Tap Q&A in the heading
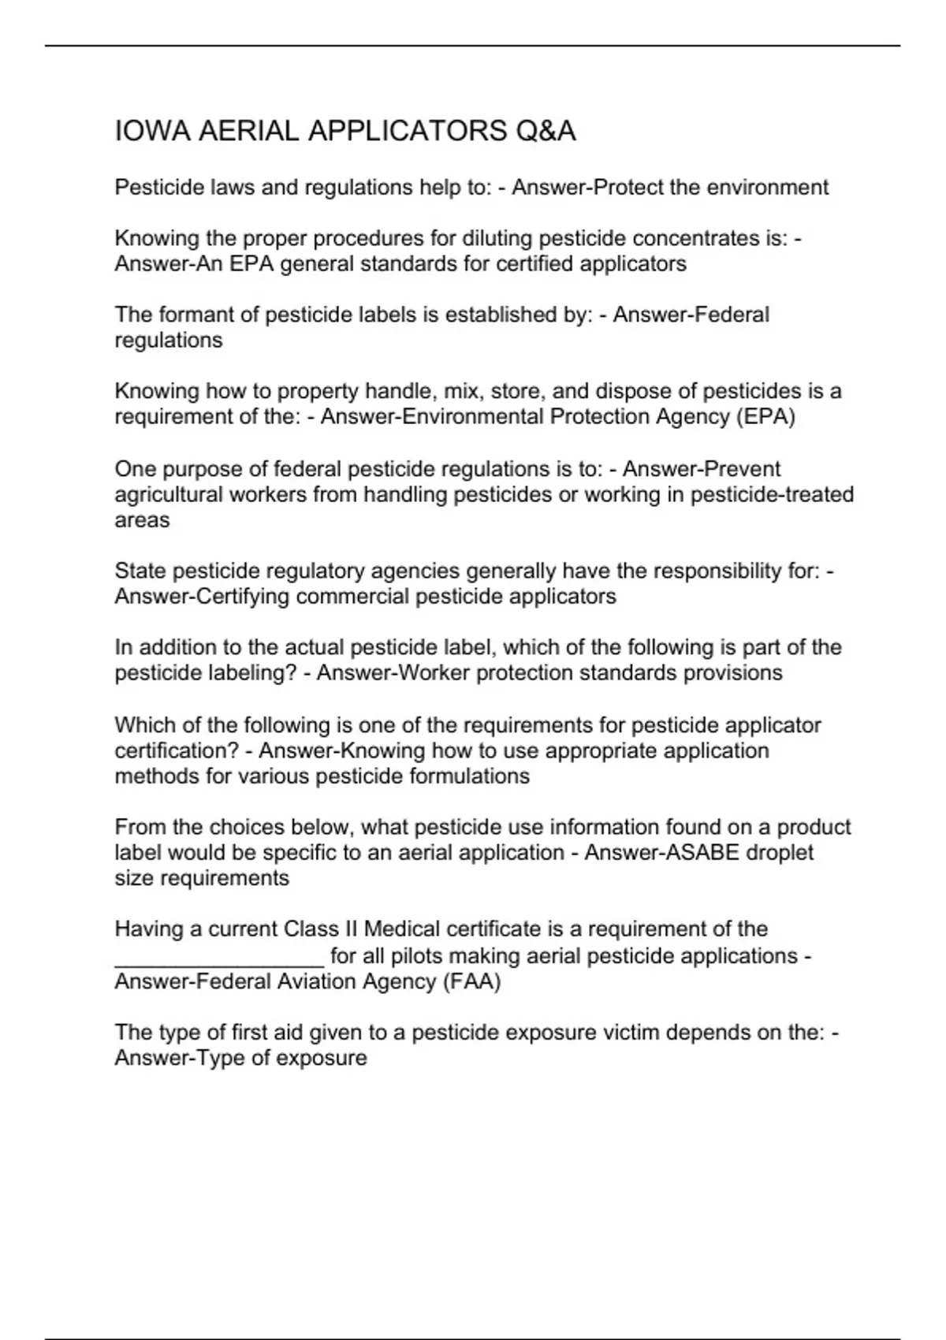coord(546,131)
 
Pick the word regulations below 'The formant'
coord(169,341)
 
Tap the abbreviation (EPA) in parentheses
coord(765,417)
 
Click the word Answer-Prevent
coord(702,469)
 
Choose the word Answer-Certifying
coord(203,597)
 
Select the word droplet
coord(780,853)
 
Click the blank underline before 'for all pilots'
coord(219,957)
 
